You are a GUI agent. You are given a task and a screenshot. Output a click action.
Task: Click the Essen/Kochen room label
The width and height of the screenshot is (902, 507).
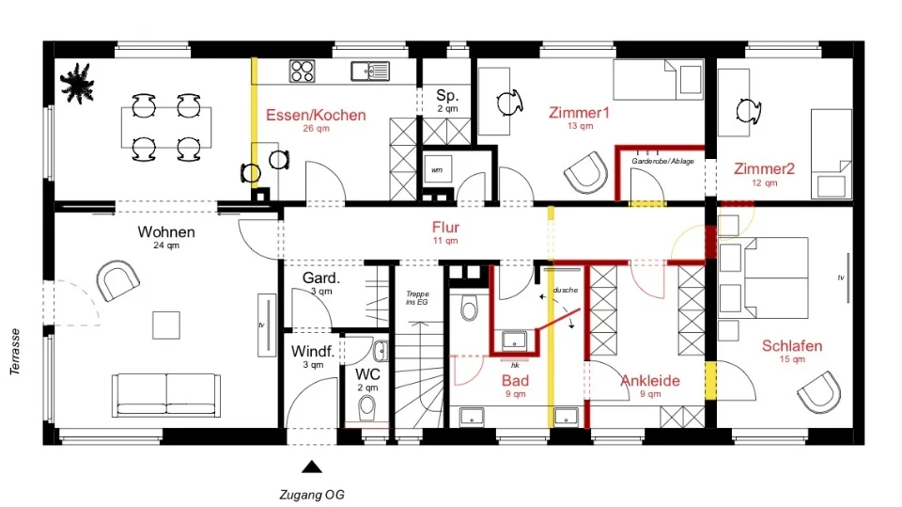(x=316, y=115)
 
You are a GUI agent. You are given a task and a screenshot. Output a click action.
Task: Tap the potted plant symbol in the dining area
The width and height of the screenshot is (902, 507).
(x=77, y=84)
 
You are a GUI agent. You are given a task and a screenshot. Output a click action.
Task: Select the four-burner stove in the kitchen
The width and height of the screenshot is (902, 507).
(x=302, y=71)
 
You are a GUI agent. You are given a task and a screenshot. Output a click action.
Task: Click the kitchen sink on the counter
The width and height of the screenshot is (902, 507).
(x=370, y=71)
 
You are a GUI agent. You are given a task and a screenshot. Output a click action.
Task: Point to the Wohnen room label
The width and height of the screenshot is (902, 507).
(x=166, y=232)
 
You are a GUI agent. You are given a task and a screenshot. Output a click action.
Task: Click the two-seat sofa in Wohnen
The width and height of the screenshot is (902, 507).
(x=166, y=395)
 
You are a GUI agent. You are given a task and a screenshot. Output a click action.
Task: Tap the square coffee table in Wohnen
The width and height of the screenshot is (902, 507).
(x=166, y=325)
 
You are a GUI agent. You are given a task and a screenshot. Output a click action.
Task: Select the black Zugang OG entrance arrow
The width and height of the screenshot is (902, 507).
(x=312, y=467)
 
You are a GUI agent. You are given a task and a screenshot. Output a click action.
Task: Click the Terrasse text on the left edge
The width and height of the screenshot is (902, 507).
(x=15, y=352)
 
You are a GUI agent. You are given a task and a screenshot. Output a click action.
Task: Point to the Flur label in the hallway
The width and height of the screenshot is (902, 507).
(x=445, y=227)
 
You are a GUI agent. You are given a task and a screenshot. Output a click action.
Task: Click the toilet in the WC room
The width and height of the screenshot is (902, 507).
(x=366, y=409)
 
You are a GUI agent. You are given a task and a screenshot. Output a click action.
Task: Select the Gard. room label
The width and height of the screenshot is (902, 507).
(x=321, y=278)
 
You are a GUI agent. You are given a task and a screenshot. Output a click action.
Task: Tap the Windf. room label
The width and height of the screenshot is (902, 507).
(x=313, y=351)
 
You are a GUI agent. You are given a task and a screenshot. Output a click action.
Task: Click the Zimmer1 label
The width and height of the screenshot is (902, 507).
(x=579, y=112)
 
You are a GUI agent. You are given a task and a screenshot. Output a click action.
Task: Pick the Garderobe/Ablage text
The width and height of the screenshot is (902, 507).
(x=662, y=162)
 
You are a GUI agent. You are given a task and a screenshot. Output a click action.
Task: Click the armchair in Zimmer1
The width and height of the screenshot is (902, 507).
(x=586, y=172)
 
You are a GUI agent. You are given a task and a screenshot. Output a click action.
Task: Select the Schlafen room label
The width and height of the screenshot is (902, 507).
(x=792, y=346)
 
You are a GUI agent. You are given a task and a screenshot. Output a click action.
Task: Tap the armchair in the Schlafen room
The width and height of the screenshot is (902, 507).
(x=819, y=392)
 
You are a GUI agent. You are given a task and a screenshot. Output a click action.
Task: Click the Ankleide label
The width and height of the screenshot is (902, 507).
(x=650, y=381)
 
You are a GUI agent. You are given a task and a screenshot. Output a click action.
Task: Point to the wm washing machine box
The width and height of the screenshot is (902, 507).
(x=437, y=170)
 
